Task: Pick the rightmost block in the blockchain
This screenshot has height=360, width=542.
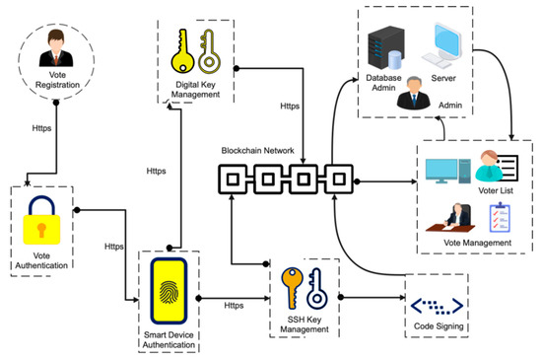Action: (x=337, y=180)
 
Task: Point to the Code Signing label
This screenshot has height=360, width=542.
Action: (x=436, y=326)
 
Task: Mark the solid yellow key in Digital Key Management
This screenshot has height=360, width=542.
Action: (x=180, y=52)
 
